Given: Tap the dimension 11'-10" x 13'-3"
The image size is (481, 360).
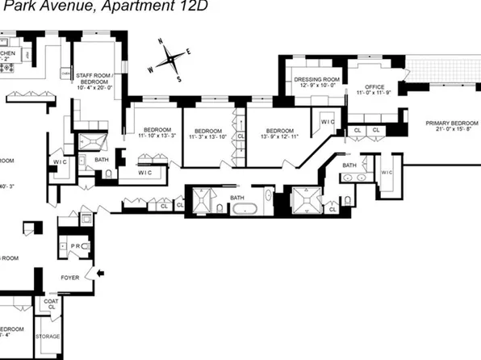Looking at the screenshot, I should click(x=157, y=136).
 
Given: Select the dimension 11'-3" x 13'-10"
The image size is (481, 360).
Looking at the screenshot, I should click(x=208, y=136).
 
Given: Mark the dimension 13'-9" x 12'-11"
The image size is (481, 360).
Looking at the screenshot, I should click(x=279, y=136).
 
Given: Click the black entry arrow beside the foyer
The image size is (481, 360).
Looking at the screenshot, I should click(x=100, y=274).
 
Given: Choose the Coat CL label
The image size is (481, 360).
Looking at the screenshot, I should click(x=50, y=304).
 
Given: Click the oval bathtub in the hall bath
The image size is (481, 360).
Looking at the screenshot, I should click(x=243, y=210).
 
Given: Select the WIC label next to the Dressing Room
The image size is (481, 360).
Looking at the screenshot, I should click(x=328, y=122).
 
